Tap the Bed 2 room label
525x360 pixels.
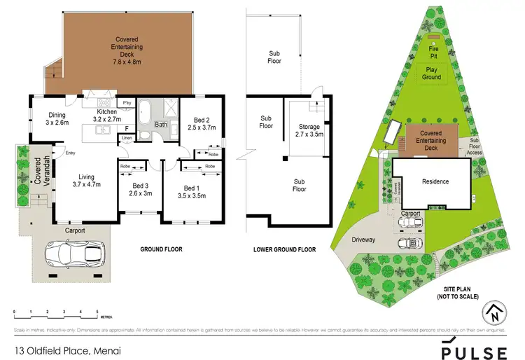[200, 124]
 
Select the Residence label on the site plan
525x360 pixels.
[435, 181]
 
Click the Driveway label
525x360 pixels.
[364, 240]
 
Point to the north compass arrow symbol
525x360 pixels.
[496, 312]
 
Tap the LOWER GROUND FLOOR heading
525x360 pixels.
[284, 249]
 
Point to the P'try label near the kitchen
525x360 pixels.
[127, 104]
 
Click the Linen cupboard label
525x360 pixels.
[127, 139]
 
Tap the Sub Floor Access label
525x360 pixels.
[475, 146]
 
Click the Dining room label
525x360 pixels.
[55, 118]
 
